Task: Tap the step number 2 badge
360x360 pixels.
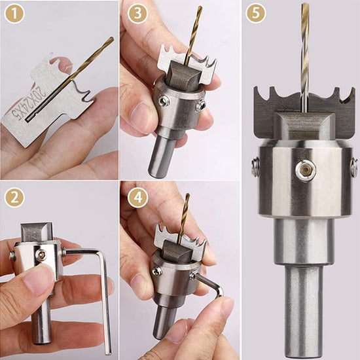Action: coord(14,196)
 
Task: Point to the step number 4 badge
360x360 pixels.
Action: coord(135,196)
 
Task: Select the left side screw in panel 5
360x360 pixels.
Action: coord(255,168)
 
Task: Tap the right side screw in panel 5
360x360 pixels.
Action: coord(353,166)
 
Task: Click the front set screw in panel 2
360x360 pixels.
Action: coord(41,255)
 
